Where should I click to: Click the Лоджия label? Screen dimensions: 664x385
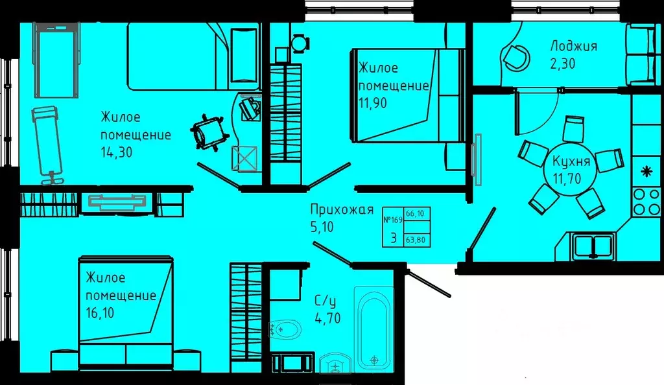point(573,45)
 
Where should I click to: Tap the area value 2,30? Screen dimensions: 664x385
point(563,64)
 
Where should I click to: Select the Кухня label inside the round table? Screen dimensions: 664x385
point(571,161)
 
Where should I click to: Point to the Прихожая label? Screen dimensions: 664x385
point(342,209)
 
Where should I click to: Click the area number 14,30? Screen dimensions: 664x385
point(117,152)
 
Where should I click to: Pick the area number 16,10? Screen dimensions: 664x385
point(100,313)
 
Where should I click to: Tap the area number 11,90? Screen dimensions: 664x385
point(373,103)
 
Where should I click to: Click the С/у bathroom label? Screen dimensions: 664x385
point(326,301)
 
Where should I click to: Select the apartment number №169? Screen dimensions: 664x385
point(392,220)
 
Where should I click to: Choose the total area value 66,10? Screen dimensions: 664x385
point(415,214)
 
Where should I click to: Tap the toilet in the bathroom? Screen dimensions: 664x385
point(285,329)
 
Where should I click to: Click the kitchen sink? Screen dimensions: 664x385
point(593,246)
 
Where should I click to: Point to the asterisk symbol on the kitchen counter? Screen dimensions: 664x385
point(646,171)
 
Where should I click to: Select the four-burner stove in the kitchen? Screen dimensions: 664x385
point(645,202)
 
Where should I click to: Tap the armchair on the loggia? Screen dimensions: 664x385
point(516,58)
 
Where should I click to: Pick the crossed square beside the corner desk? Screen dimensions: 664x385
point(244,158)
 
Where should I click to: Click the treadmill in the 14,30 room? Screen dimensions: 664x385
point(57,60)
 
